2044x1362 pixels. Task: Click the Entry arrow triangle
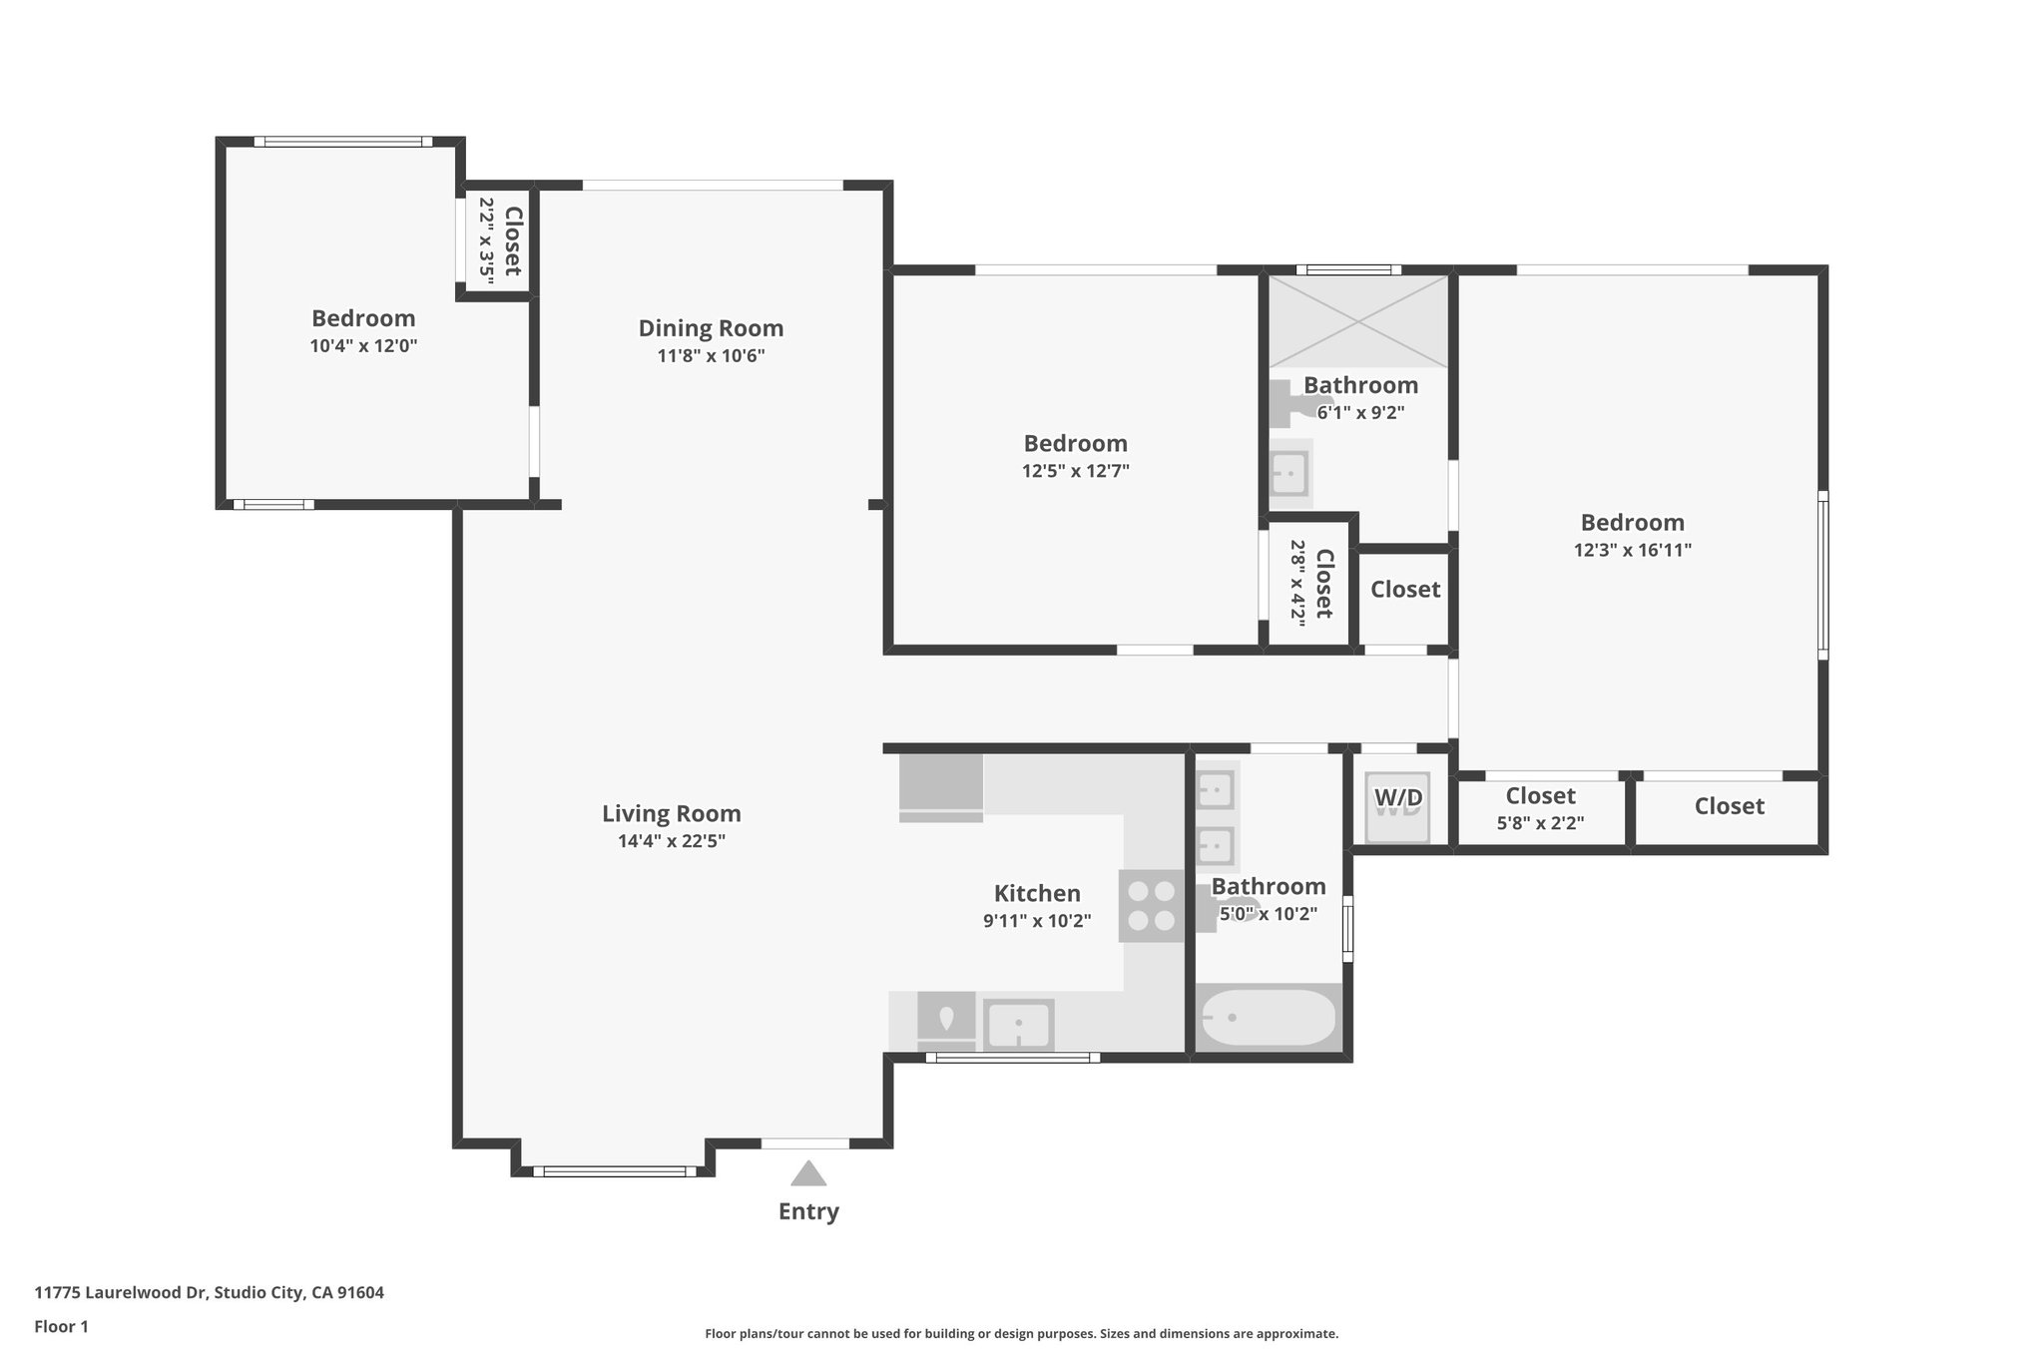pyautogui.click(x=807, y=1173)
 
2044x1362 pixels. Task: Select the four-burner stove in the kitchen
pyautogui.click(x=1151, y=906)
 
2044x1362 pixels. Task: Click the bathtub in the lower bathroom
pyautogui.click(x=1268, y=1018)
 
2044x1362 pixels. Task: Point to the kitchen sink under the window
pyautogui.click(x=1018, y=1024)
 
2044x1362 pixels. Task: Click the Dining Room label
pyautogui.click(x=711, y=328)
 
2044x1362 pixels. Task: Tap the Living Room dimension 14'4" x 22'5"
pyautogui.click(x=671, y=841)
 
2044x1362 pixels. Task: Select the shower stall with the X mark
pyautogui.click(x=1357, y=321)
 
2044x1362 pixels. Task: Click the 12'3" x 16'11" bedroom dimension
pyautogui.click(x=1632, y=550)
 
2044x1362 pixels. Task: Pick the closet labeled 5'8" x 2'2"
pyautogui.click(x=1540, y=809)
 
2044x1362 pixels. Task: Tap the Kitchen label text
pyautogui.click(x=1037, y=893)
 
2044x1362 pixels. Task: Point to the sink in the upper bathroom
pyautogui.click(x=1288, y=474)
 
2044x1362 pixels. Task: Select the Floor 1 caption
pyautogui.click(x=61, y=1326)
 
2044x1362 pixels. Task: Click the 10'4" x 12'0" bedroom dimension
pyautogui.click(x=363, y=346)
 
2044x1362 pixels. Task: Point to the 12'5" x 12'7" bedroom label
pyautogui.click(x=1075, y=444)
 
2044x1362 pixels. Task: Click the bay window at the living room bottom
pyautogui.click(x=614, y=1170)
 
